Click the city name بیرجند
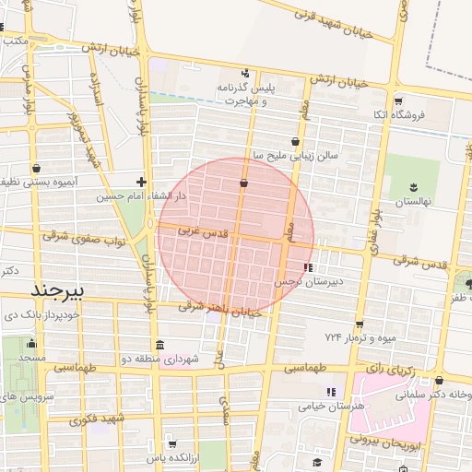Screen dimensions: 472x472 click(x=57, y=291)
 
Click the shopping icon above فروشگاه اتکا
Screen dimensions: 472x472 click(x=398, y=100)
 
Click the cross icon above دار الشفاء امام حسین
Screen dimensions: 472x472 click(x=140, y=182)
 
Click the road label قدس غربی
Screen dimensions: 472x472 click(x=201, y=232)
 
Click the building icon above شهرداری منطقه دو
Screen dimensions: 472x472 click(x=160, y=346)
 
